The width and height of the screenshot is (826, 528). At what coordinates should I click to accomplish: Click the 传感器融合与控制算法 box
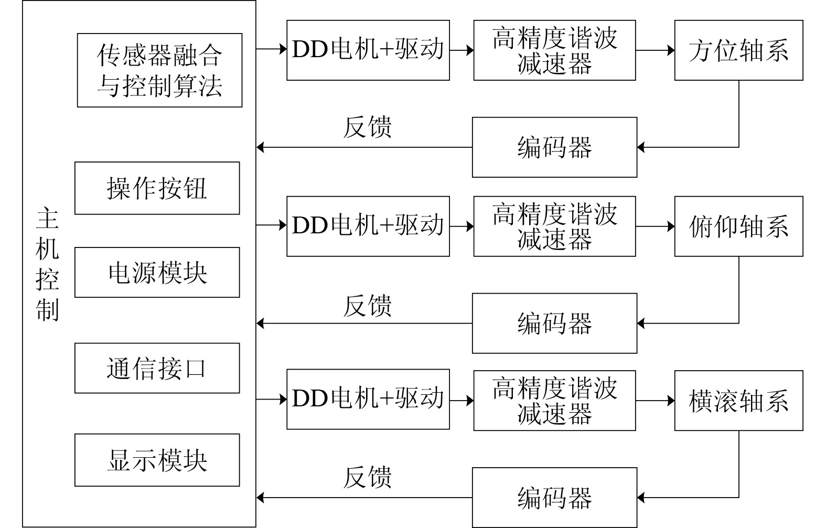(x=159, y=70)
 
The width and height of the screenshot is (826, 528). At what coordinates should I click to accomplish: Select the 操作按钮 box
(x=157, y=188)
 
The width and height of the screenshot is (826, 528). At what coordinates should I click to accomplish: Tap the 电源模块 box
(x=157, y=273)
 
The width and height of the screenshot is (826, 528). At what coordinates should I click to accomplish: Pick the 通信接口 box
(x=157, y=368)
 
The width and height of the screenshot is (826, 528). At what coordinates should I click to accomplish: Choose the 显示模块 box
(x=157, y=460)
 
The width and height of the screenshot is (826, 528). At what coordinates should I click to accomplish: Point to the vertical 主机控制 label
(x=47, y=264)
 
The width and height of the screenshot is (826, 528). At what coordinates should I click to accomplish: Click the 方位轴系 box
(x=738, y=50)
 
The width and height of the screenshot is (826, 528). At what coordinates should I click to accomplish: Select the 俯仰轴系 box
(x=738, y=227)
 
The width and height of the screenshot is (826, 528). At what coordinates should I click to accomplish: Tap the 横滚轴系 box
(x=738, y=401)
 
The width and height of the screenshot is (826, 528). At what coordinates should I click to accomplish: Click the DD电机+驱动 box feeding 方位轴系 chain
(x=368, y=50)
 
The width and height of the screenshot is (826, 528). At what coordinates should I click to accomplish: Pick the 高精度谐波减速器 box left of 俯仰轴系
(x=554, y=227)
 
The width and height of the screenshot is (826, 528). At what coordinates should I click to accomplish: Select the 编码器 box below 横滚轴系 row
(x=554, y=498)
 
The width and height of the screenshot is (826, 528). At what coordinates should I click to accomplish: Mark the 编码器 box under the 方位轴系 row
(x=554, y=147)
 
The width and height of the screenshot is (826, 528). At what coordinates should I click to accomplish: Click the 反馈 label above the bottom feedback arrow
(x=367, y=478)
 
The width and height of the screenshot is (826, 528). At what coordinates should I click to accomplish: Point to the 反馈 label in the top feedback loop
(x=367, y=127)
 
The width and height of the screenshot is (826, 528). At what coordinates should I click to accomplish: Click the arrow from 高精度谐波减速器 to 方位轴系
(x=655, y=50)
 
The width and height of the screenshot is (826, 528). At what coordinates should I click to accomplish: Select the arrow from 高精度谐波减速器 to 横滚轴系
(x=655, y=401)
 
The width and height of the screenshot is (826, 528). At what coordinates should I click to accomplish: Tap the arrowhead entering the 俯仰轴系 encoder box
(x=641, y=324)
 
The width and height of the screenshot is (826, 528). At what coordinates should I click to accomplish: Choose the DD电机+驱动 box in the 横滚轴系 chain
(x=368, y=399)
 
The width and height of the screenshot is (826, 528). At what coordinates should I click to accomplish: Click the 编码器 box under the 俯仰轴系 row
(x=554, y=324)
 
